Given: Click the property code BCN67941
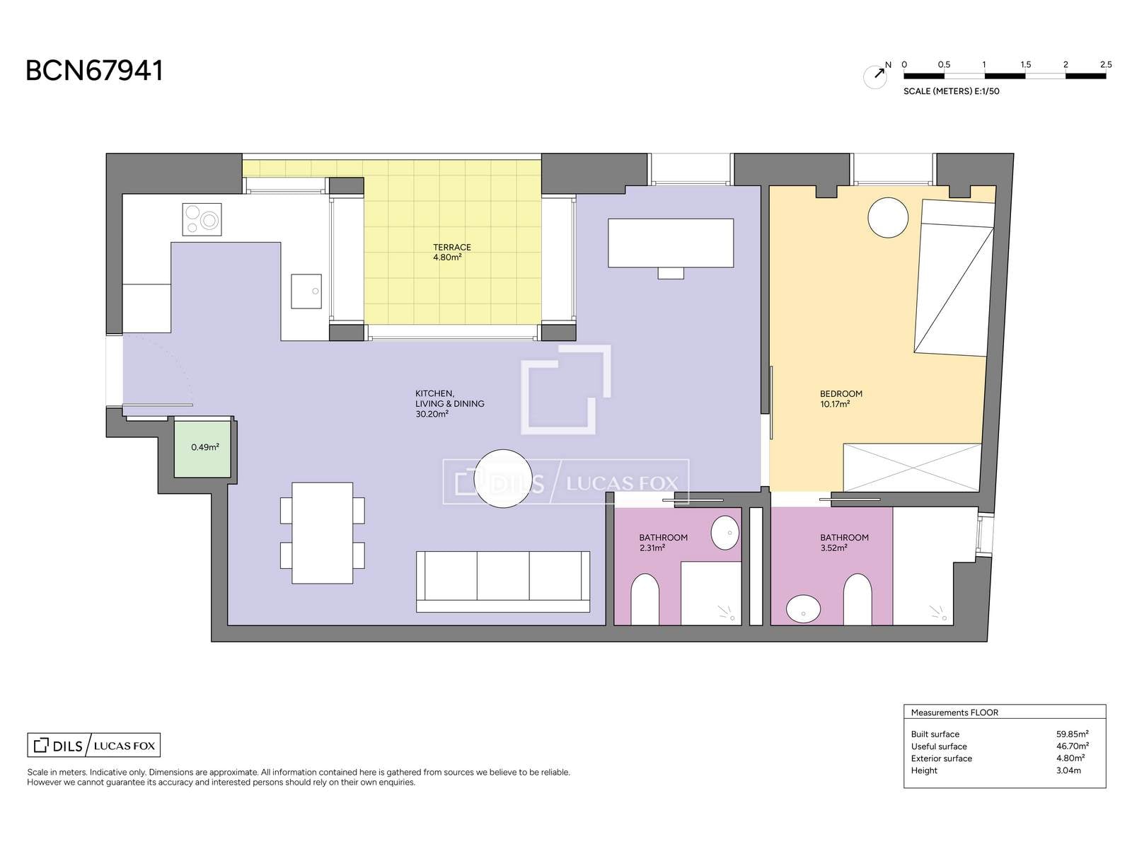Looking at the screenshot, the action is click(94, 71).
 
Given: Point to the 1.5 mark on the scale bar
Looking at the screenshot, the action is click(1025, 65).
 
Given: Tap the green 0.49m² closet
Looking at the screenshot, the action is click(202, 449).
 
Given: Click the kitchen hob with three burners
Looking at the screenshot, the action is click(202, 219).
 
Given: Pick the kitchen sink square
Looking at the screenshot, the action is click(306, 291).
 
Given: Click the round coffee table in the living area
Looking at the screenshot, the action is click(503, 478).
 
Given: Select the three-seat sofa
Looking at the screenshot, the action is click(503, 582).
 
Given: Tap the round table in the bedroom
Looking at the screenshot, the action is click(887, 217).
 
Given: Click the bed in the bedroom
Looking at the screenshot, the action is click(954, 278).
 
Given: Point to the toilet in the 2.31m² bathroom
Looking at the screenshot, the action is click(645, 599).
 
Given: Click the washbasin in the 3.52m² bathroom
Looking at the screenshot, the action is click(803, 608).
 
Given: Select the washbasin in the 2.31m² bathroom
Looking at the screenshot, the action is click(724, 533).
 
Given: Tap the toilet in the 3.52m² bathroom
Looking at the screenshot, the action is click(857, 599).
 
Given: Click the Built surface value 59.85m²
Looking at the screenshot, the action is click(1072, 734).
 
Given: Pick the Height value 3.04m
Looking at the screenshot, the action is click(1068, 770).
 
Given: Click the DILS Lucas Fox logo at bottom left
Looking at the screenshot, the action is click(94, 745).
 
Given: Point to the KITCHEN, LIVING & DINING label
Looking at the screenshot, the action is click(450, 403).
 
